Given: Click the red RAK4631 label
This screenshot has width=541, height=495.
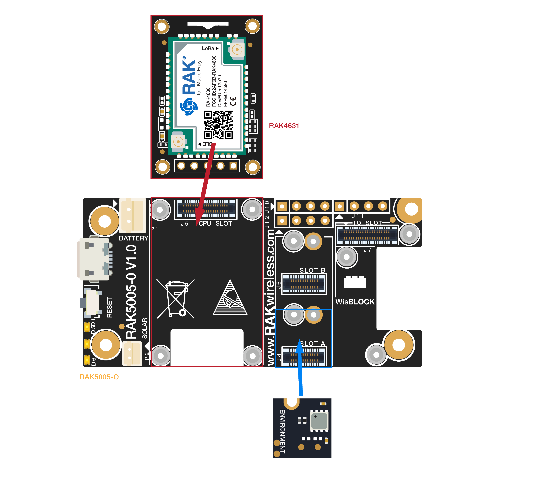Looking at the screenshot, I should click(x=284, y=126).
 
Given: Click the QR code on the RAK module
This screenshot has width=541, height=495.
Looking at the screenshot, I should click(x=218, y=125).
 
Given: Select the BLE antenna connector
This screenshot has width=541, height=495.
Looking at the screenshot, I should click(x=178, y=142).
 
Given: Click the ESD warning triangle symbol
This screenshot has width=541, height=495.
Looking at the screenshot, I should click(x=230, y=298).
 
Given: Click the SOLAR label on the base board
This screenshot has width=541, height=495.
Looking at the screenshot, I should click(x=145, y=328).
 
